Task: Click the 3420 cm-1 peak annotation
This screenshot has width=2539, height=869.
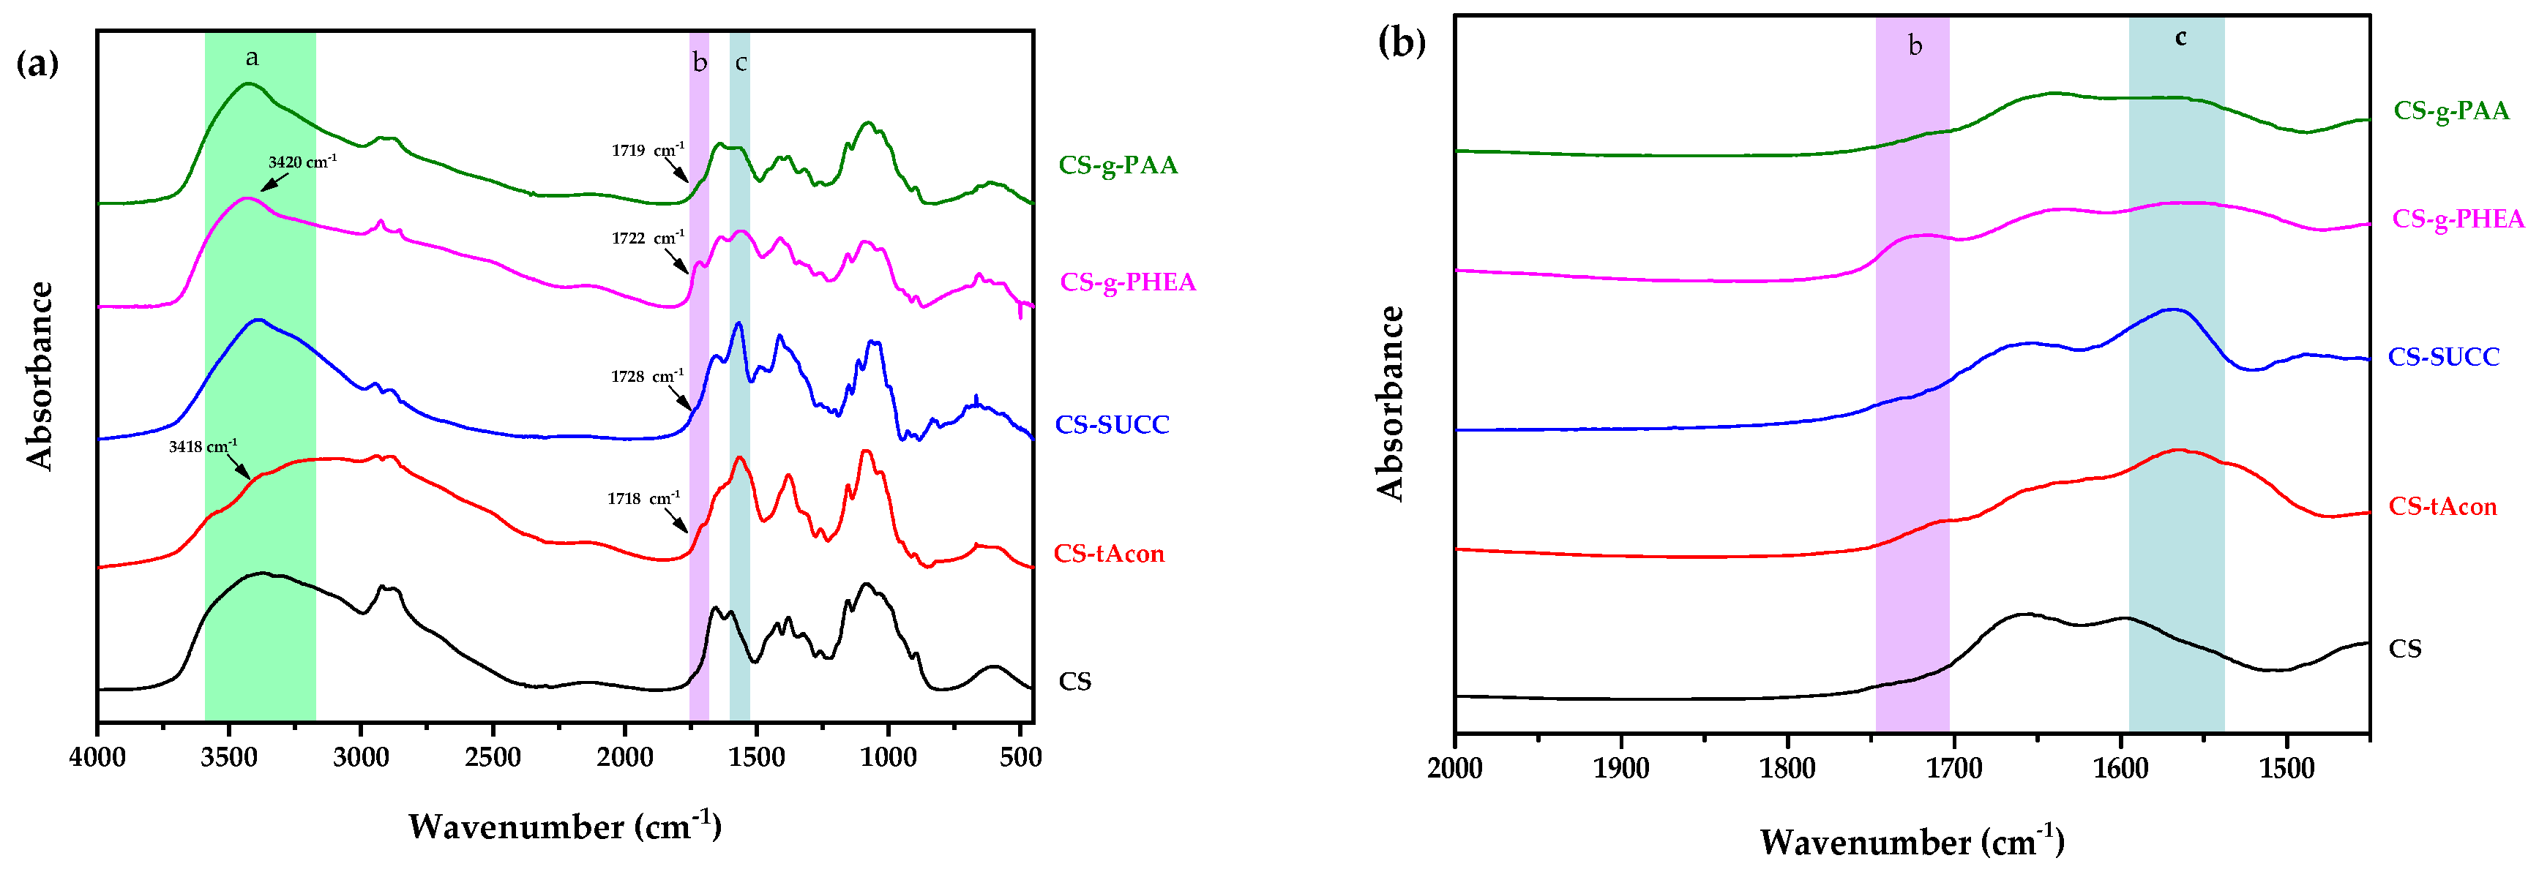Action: (x=302, y=162)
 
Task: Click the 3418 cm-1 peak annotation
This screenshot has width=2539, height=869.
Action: (x=202, y=446)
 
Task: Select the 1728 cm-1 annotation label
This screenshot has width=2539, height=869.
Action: (x=646, y=377)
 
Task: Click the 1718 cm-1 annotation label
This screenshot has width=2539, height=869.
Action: (x=643, y=499)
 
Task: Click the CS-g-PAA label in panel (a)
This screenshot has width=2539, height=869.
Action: (x=1118, y=165)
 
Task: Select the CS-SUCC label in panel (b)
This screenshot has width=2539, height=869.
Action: (x=2443, y=357)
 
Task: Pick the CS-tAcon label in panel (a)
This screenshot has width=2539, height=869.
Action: (x=1109, y=554)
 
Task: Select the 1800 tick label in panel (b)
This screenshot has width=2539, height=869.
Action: (x=1787, y=769)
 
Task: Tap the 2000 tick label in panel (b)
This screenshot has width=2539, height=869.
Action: (x=1455, y=769)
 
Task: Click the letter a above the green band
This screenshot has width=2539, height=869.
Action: (x=253, y=58)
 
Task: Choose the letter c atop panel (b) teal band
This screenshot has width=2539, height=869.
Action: (x=2180, y=37)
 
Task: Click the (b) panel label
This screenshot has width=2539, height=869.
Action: (x=1401, y=43)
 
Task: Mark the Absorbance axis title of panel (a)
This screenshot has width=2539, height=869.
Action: (x=40, y=375)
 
